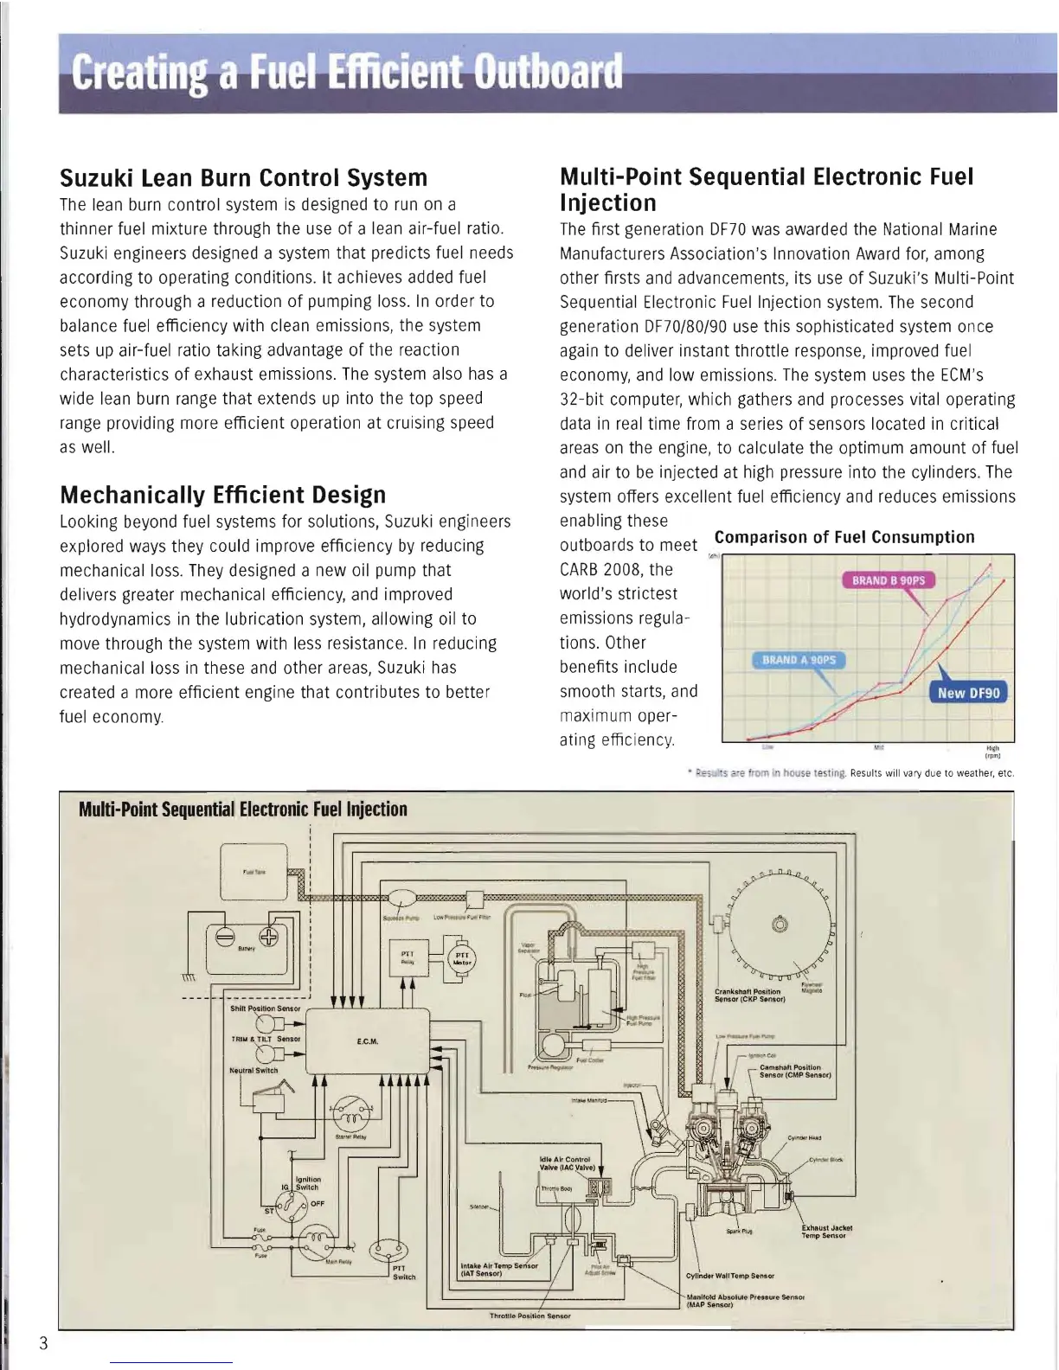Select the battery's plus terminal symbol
pos(269,938)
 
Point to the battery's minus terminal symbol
pos(223,938)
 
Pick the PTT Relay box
pos(407,957)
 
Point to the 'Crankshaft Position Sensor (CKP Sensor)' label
pos(749,995)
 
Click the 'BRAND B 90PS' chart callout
pos(888,580)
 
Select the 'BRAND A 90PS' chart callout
pos(799,660)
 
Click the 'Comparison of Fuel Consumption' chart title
pos(844,537)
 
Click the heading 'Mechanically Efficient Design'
pos(223,496)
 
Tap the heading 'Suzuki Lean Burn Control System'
pos(243,178)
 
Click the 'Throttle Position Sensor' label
pos(529,1316)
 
